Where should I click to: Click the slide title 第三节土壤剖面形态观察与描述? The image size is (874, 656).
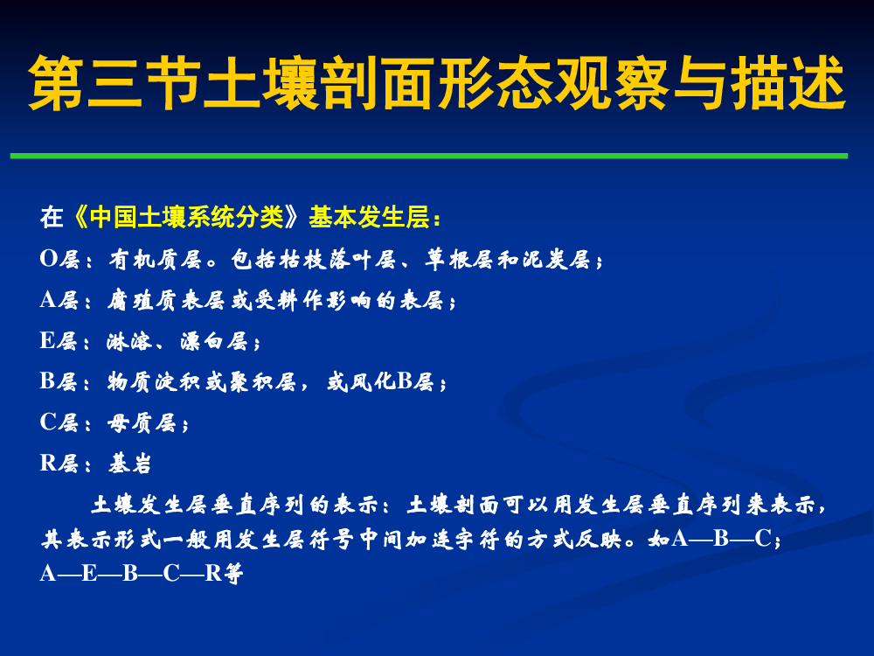438,82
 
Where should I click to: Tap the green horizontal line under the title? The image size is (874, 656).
429,157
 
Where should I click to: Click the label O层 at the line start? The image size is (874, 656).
59,259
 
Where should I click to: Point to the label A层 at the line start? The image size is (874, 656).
59,300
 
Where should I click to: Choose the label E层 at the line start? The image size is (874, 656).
59,341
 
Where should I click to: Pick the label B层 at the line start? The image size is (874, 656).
59,381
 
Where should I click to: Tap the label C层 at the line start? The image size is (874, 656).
59,422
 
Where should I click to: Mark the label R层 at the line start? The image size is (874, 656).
59,463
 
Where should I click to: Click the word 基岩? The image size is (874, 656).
129,463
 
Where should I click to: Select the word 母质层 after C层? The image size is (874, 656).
142,422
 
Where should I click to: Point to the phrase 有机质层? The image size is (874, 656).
155,260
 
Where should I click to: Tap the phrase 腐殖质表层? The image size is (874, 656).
166,301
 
